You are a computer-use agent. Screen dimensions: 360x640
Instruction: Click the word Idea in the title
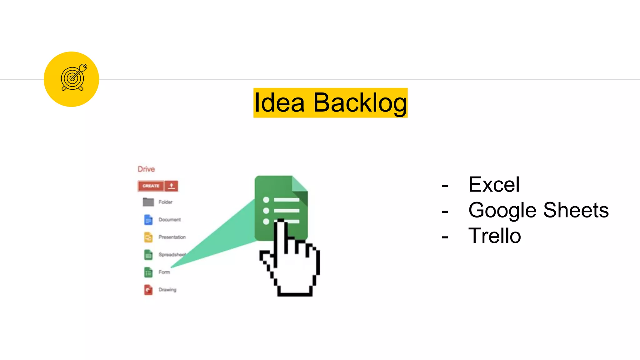pyautogui.click(x=279, y=103)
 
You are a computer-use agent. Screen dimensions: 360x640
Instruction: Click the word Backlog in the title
pyautogui.click(x=360, y=103)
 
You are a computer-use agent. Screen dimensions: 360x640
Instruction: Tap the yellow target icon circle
pyautogui.click(x=71, y=79)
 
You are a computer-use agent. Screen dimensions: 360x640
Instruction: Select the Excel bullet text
pyautogui.click(x=494, y=184)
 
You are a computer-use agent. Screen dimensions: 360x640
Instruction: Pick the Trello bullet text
pyautogui.click(x=494, y=236)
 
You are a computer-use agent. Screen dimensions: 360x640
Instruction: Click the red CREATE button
pyautogui.click(x=151, y=186)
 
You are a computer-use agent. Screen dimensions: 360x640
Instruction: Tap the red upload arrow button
pyautogui.click(x=171, y=186)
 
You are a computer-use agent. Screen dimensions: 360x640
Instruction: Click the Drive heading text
pyautogui.click(x=146, y=169)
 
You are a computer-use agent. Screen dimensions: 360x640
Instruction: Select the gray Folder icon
pyautogui.click(x=148, y=202)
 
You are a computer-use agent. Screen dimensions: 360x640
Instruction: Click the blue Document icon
pyautogui.click(x=148, y=220)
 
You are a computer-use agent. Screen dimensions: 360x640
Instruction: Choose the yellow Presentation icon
pyautogui.click(x=148, y=237)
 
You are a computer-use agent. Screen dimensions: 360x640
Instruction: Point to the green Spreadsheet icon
pyautogui.click(x=148, y=255)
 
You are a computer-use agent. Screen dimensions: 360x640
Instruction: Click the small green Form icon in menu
pyautogui.click(x=148, y=272)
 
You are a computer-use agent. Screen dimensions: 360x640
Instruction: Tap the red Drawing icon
pyautogui.click(x=148, y=290)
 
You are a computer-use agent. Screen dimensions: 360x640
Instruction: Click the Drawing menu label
pyautogui.click(x=167, y=290)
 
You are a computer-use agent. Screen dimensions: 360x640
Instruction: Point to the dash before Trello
pyautogui.click(x=445, y=237)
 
